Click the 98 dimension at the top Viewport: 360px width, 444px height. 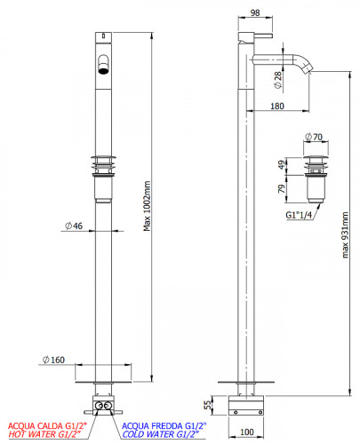(255, 12)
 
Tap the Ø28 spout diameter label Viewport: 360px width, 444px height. (278, 80)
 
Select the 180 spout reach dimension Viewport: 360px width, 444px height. (277, 106)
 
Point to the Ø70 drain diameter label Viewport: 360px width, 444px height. (314, 137)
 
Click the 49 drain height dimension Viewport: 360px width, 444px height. (282, 164)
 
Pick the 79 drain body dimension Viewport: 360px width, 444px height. (282, 188)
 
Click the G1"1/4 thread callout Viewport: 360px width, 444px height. (299, 215)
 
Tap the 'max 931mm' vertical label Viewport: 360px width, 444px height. (346, 235)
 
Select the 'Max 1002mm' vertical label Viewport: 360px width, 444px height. (148, 206)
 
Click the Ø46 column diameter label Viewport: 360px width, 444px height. (74, 226)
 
